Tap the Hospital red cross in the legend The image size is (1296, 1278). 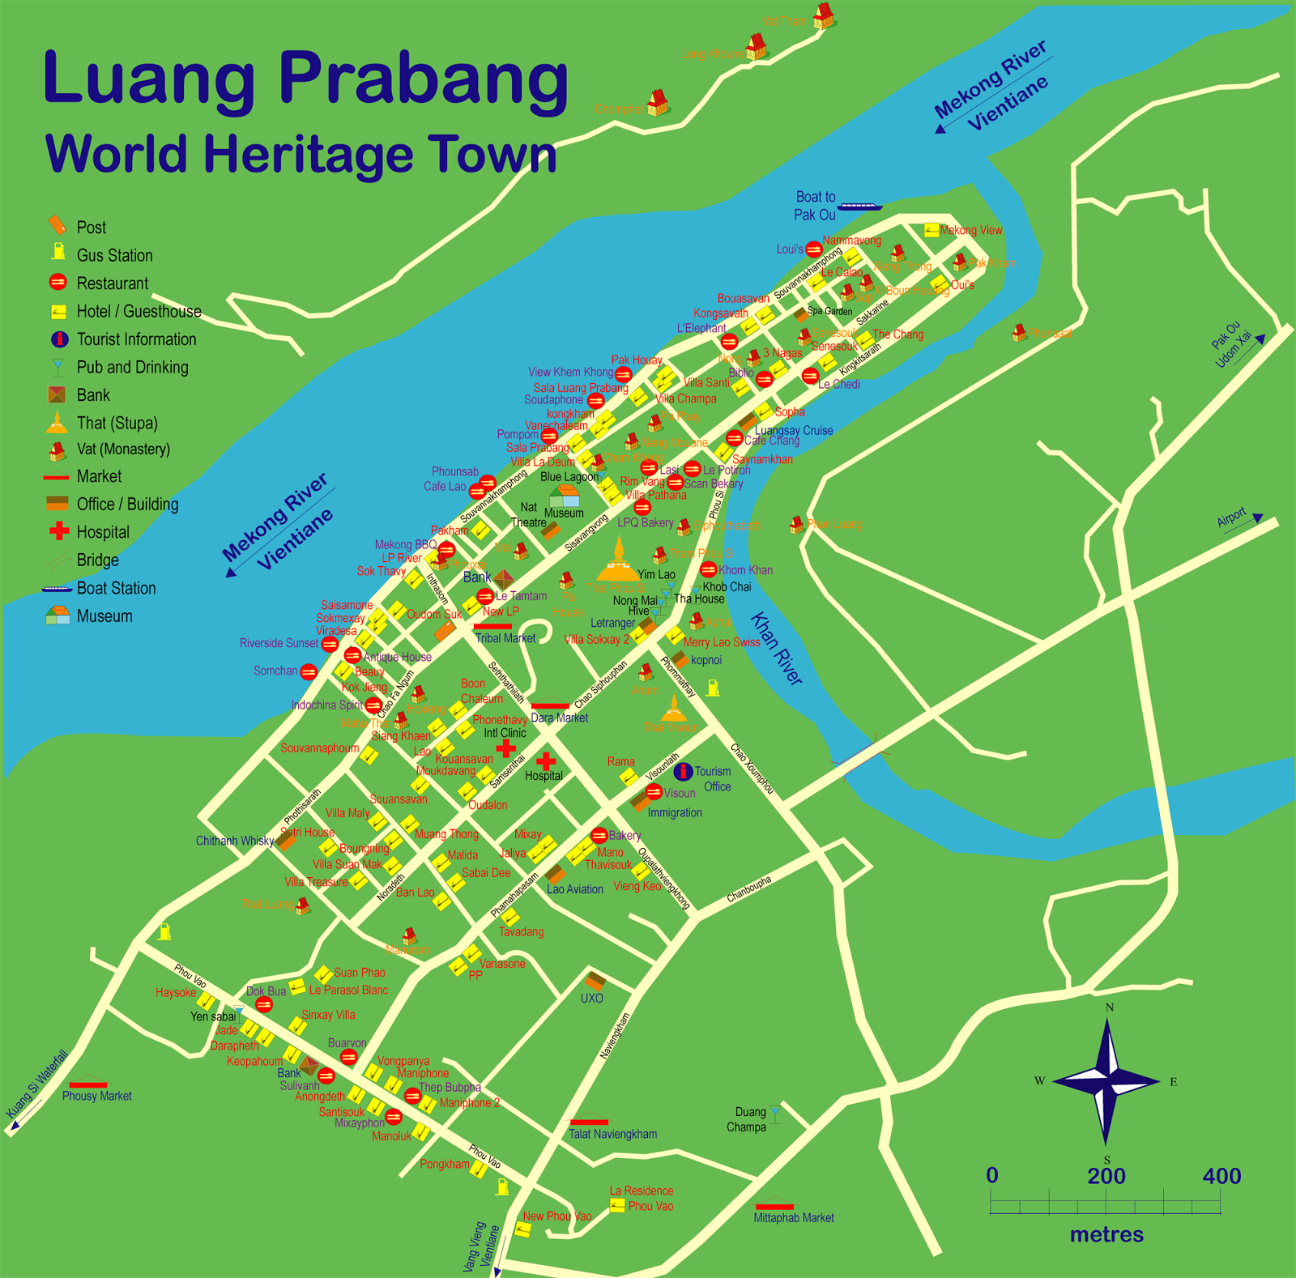59,531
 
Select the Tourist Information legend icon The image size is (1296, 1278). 59,339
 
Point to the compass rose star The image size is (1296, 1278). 1106,1080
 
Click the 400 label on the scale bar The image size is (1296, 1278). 1221,1176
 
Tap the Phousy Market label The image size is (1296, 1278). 96,1096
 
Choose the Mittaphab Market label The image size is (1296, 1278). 793,1217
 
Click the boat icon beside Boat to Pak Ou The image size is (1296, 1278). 859,207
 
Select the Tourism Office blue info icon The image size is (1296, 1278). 683,772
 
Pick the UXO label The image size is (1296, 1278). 591,998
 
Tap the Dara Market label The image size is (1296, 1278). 559,718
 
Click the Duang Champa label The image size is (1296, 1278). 747,1119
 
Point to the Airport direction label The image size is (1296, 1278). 1231,518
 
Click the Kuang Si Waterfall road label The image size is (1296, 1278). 37,1084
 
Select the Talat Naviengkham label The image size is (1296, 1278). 612,1134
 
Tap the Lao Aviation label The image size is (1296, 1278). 574,889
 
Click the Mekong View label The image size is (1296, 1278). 970,230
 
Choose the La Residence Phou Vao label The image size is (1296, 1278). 642,1198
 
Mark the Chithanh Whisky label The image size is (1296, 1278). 235,841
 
